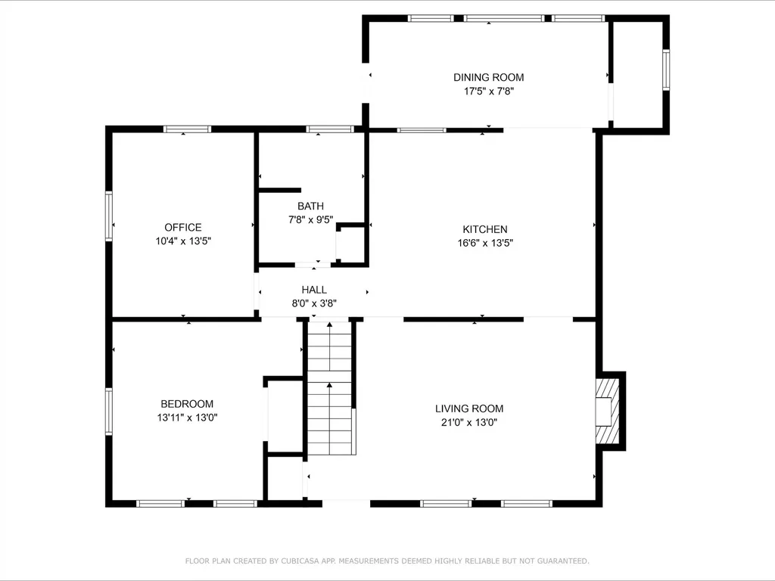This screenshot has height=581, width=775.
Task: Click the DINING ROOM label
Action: point(488,77)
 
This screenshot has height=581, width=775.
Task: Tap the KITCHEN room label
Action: point(485,229)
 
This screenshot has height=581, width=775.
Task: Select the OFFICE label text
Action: point(183,227)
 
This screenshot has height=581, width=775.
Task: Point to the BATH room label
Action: point(310,206)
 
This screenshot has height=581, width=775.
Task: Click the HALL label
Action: point(314,290)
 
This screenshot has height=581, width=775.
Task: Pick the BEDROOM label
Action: point(187,404)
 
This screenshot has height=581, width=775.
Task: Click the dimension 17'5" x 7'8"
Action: point(488,91)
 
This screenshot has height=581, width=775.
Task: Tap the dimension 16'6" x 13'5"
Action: point(485,243)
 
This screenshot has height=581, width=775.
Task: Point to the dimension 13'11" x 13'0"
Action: point(187,417)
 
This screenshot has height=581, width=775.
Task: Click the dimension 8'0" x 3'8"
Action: point(314,303)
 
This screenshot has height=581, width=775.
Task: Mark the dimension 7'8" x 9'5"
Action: point(310,219)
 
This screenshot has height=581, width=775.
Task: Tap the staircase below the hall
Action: point(330,390)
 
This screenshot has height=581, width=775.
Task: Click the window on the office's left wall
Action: point(109,216)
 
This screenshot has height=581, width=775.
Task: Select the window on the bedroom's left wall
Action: point(109,412)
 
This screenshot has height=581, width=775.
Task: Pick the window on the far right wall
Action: point(666,70)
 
